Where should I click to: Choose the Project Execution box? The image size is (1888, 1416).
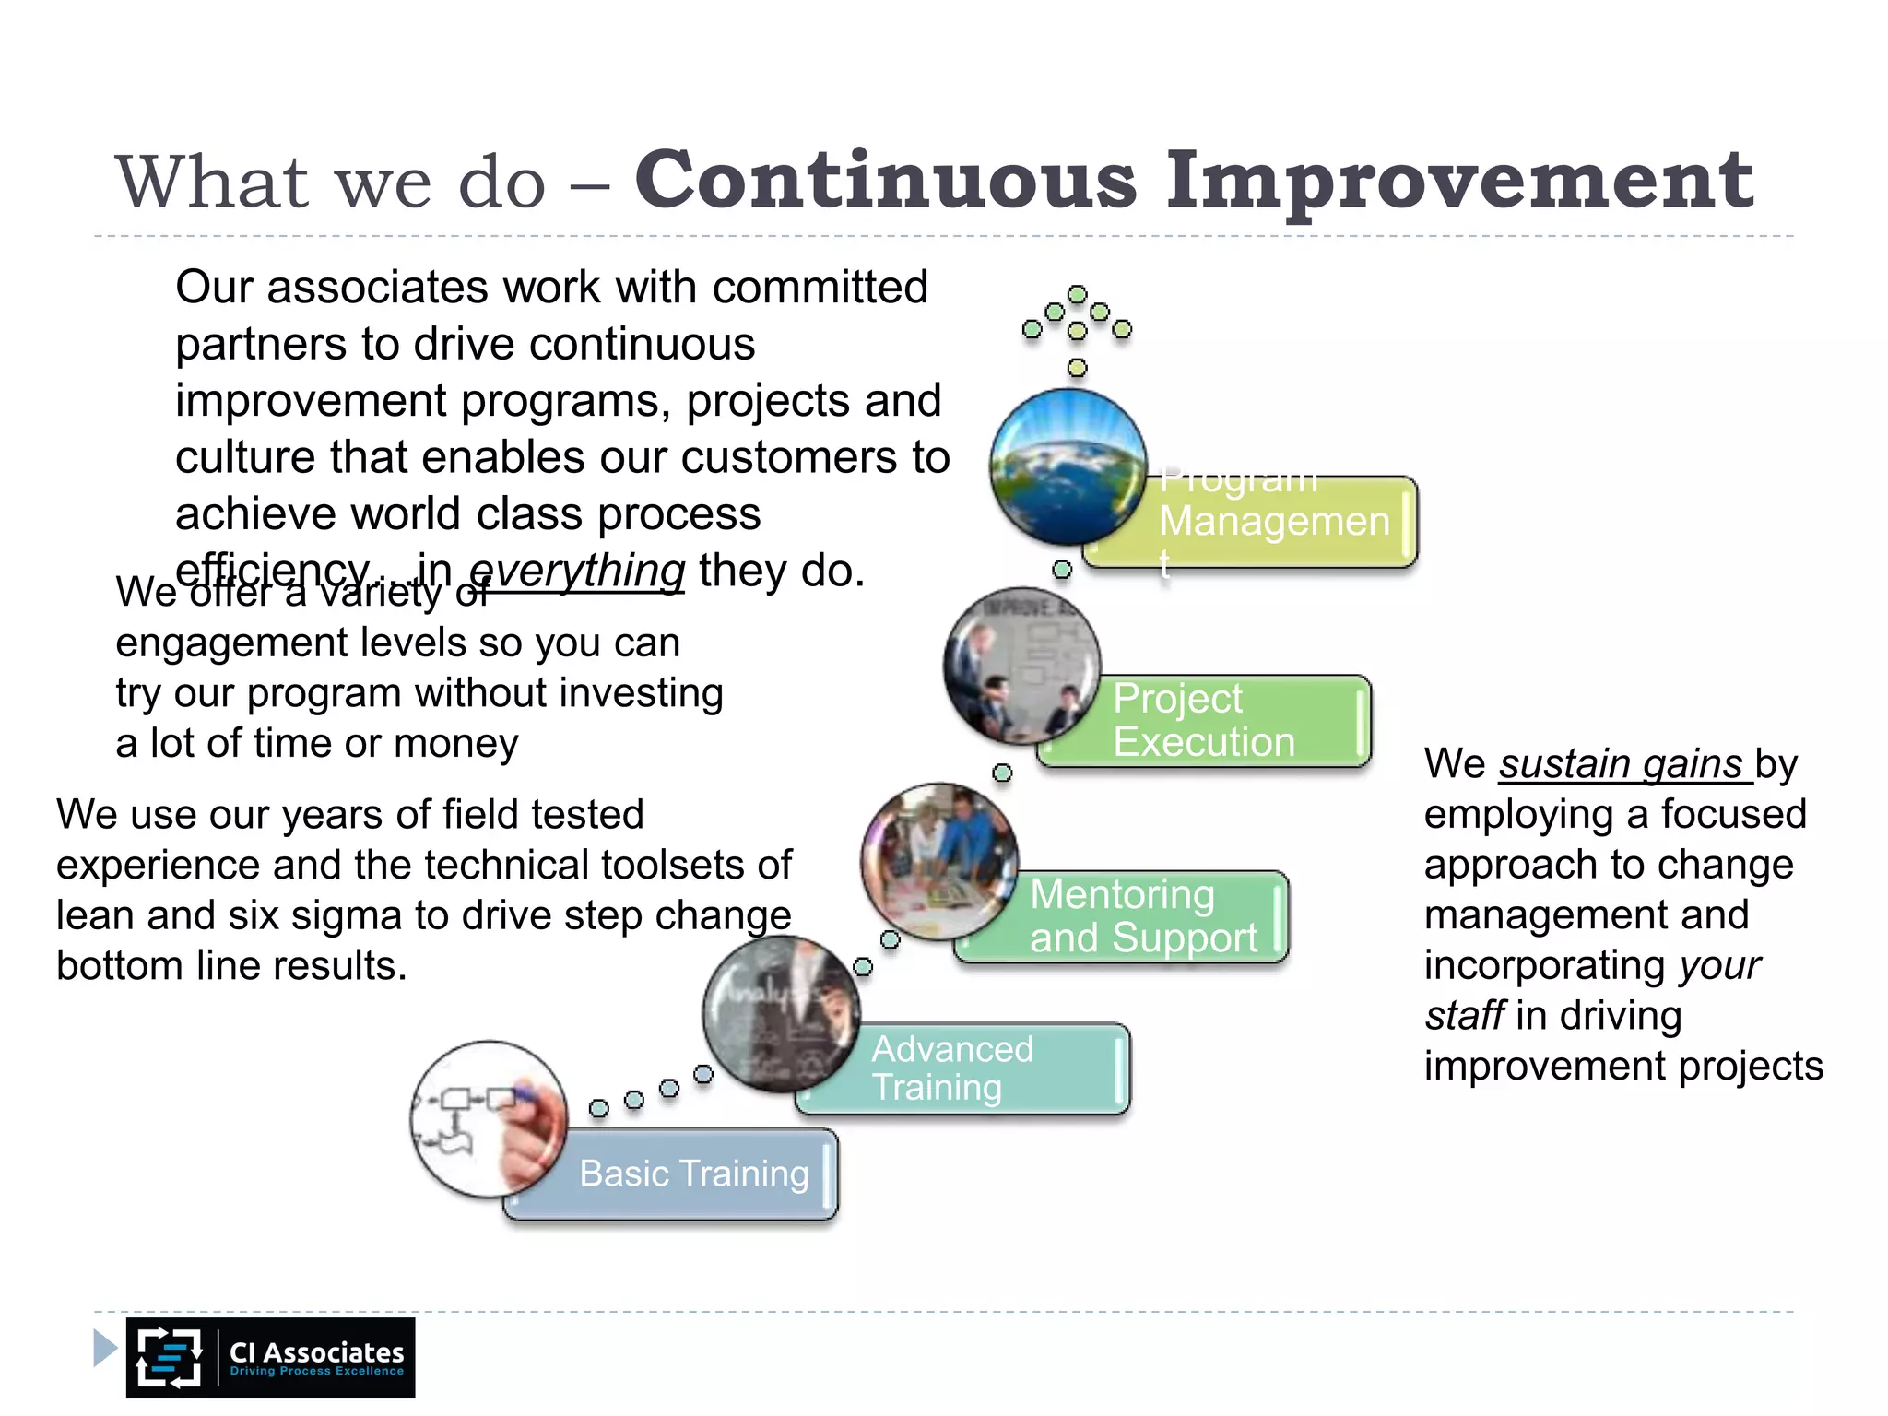click(x=1217, y=721)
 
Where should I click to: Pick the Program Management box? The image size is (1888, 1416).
click(x=1277, y=522)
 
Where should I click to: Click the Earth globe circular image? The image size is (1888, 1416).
click(x=1068, y=466)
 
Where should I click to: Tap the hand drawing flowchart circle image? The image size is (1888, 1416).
click(x=489, y=1118)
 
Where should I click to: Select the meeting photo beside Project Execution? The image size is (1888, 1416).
click(x=1021, y=665)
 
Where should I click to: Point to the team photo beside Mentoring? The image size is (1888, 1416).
click(x=939, y=860)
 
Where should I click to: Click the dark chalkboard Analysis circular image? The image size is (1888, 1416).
click(x=781, y=1013)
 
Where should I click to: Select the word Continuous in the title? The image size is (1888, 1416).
click(x=885, y=179)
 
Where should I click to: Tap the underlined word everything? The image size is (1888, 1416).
click(x=577, y=571)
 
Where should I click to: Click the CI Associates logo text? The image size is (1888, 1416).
click(x=316, y=1352)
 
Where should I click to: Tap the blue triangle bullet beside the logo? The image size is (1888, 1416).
click(x=105, y=1348)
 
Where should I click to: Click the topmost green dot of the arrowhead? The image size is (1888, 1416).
click(x=1077, y=294)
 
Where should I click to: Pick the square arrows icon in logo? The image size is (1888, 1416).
click(x=169, y=1357)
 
